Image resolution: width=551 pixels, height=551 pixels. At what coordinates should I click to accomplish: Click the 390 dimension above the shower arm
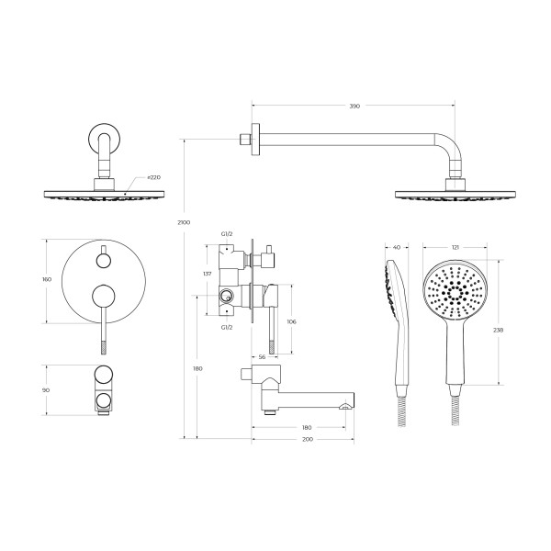pos(354,106)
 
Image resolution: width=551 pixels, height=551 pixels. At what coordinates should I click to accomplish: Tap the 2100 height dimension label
pos(184,222)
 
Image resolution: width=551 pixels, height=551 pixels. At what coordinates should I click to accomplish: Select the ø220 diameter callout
pos(154,177)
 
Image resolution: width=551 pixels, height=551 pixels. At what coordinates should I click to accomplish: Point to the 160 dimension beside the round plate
pos(47,279)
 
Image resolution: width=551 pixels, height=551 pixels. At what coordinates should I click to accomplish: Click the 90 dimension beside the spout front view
pos(46,390)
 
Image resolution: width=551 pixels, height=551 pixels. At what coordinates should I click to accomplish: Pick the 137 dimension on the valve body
pos(208,274)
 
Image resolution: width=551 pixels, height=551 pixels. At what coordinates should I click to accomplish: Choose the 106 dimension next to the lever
pos(291,321)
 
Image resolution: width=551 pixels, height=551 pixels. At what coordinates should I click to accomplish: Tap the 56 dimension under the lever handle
pos(262,357)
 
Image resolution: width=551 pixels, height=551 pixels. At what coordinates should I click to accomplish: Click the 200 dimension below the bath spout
pos(308,440)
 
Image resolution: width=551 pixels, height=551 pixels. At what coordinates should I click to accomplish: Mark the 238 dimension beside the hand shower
pos(499,330)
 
